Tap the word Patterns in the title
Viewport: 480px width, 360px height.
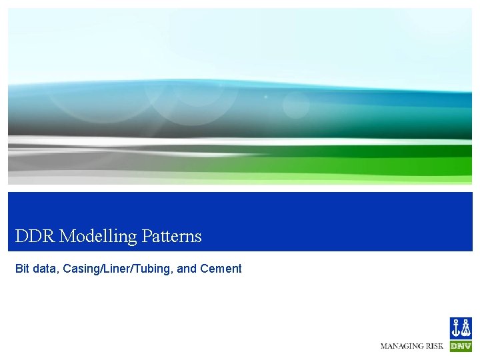171,236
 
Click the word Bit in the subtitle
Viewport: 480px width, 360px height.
22,269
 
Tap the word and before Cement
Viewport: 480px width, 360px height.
187,269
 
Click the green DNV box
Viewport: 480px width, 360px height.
461,347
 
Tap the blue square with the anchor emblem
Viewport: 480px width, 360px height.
461,328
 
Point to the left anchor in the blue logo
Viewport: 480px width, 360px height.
456,328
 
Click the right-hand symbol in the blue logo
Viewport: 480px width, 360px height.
465,328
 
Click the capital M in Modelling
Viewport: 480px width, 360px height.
66,236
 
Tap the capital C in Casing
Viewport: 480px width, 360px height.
67,269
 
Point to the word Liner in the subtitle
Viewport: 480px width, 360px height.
111,269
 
